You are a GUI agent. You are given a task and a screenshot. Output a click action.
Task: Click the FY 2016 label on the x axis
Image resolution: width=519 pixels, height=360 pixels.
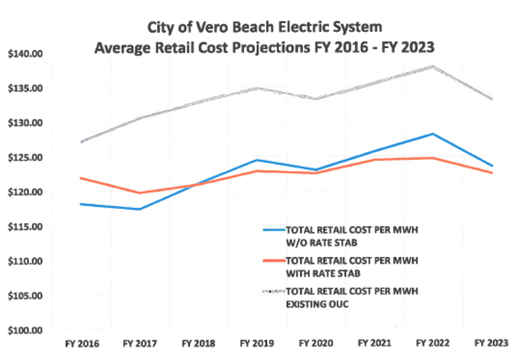tap(79, 344)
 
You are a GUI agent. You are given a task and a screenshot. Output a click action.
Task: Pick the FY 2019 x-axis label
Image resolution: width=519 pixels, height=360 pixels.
tap(256, 344)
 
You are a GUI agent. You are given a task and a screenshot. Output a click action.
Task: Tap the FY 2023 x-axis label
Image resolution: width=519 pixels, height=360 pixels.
tap(490, 344)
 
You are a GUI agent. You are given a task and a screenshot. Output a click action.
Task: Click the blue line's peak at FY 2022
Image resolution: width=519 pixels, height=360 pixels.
tap(432, 134)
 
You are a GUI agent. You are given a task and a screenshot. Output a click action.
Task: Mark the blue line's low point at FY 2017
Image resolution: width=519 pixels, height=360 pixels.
tap(139, 209)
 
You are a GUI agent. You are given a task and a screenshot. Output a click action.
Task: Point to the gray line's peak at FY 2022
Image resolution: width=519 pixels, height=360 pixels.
tap(432, 67)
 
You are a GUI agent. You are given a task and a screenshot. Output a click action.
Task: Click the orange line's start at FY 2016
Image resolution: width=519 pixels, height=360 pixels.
tap(80, 178)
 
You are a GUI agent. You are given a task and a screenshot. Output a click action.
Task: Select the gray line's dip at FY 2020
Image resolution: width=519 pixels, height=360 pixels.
tap(315, 99)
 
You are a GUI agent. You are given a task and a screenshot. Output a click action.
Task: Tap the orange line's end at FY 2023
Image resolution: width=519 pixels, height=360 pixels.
tap(491, 173)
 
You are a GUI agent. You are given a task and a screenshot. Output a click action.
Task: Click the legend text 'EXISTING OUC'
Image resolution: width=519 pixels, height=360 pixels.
tap(318, 301)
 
